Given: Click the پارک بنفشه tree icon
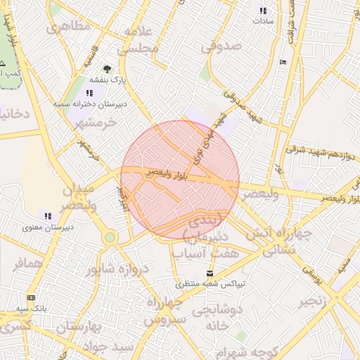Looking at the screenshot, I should tap(107, 69).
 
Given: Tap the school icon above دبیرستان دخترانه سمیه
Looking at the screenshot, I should tap(89, 93).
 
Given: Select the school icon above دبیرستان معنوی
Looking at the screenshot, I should tap(48, 216).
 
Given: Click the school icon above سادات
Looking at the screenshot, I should tap(263, 11).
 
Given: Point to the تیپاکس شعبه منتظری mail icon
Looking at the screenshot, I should tap(210, 273).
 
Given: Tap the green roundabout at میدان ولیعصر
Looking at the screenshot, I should tap(110, 238).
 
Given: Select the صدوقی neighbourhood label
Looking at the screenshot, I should tap(221, 46).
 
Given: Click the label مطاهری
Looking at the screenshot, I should tap(68, 27).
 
